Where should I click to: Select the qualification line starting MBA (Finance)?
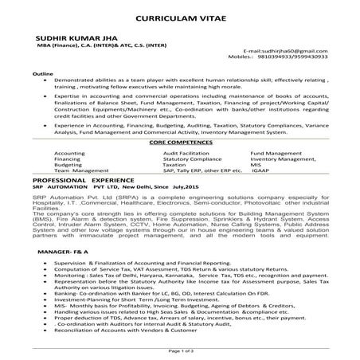(79, 45)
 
